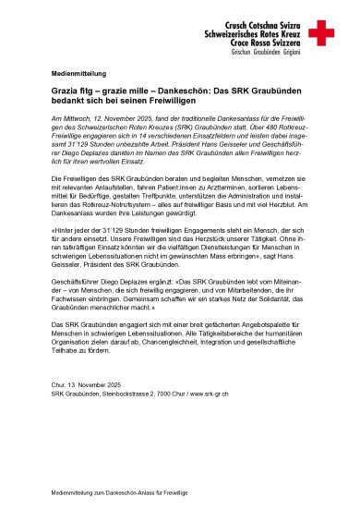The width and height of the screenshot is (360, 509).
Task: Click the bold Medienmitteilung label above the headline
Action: [x=78, y=72]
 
